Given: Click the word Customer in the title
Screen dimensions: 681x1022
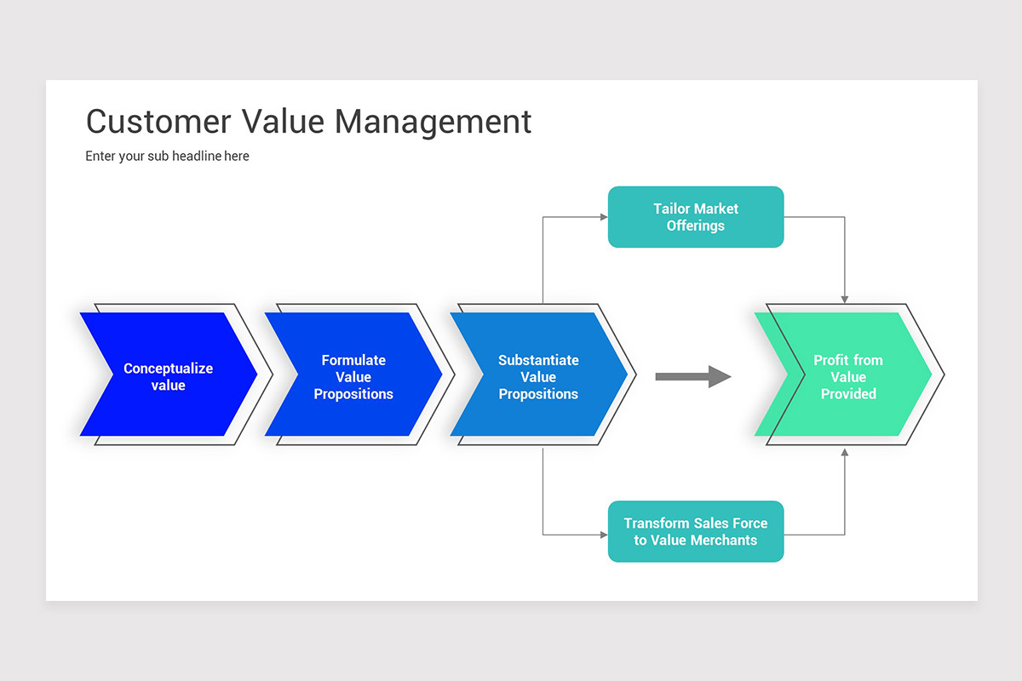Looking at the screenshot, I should coord(158,122).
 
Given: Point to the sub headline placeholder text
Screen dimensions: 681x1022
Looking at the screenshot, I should coord(167,156).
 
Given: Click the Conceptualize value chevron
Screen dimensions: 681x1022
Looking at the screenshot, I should coord(169,375).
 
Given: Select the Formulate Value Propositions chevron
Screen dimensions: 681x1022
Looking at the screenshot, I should coord(353,375).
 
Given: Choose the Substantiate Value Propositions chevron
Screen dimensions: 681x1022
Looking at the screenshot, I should coord(538,375).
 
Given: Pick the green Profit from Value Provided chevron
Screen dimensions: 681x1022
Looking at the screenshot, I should coord(847,375).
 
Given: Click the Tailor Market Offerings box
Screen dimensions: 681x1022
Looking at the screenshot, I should coord(695,217).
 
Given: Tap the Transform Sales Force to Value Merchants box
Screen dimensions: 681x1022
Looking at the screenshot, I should coord(695,531).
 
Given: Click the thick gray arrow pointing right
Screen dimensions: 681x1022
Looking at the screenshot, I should coord(692,376).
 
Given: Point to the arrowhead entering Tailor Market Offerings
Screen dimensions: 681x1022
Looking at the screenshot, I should coord(603,217).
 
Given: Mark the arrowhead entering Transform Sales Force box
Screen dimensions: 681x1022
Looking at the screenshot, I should coord(603,535).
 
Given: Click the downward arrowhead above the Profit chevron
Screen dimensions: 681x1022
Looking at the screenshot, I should coord(845,299).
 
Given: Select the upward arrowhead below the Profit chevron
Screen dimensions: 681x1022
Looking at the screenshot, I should coord(845,452).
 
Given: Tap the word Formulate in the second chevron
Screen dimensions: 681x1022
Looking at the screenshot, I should coord(353,360).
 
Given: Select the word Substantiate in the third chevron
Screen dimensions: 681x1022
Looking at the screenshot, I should coord(538,360).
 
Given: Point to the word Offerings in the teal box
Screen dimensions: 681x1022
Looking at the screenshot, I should coord(695,226).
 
